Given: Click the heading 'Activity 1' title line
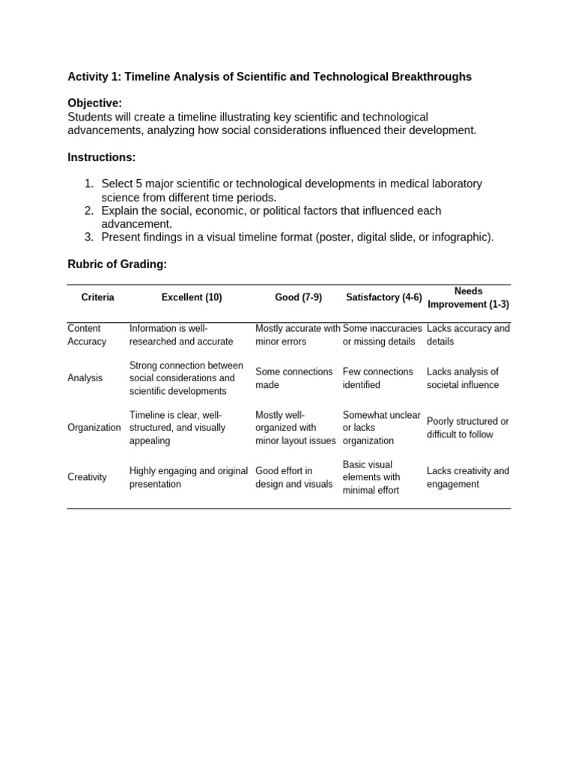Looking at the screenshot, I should tap(270, 77).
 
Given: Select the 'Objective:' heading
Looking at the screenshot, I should tap(95, 103).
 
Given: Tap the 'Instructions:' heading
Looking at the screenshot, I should tap(102, 157).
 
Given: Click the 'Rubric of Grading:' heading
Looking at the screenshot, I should tap(118, 264).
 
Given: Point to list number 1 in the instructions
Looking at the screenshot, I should tap(89, 184).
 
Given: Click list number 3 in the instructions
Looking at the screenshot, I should tap(89, 237).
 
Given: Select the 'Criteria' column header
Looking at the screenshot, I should tap(98, 297).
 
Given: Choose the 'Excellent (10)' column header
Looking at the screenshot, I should tap(192, 297).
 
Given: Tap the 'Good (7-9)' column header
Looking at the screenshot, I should tap(298, 297).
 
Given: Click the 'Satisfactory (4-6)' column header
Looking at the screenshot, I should tap(383, 297).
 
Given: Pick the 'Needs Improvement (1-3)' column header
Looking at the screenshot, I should tap(468, 298).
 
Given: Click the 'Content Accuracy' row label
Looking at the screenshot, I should tap(87, 335).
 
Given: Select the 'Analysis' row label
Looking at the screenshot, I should tap(85, 378).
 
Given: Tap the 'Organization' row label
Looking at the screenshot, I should tap(94, 428).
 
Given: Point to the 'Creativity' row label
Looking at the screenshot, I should tap(88, 477).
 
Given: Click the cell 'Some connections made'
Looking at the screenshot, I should tap(293, 378).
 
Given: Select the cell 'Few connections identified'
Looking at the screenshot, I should tap(377, 378).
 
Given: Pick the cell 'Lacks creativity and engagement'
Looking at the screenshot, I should tap(468, 477).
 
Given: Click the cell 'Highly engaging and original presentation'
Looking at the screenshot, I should tap(188, 477).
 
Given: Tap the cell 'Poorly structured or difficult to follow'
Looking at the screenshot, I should tap(468, 428).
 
